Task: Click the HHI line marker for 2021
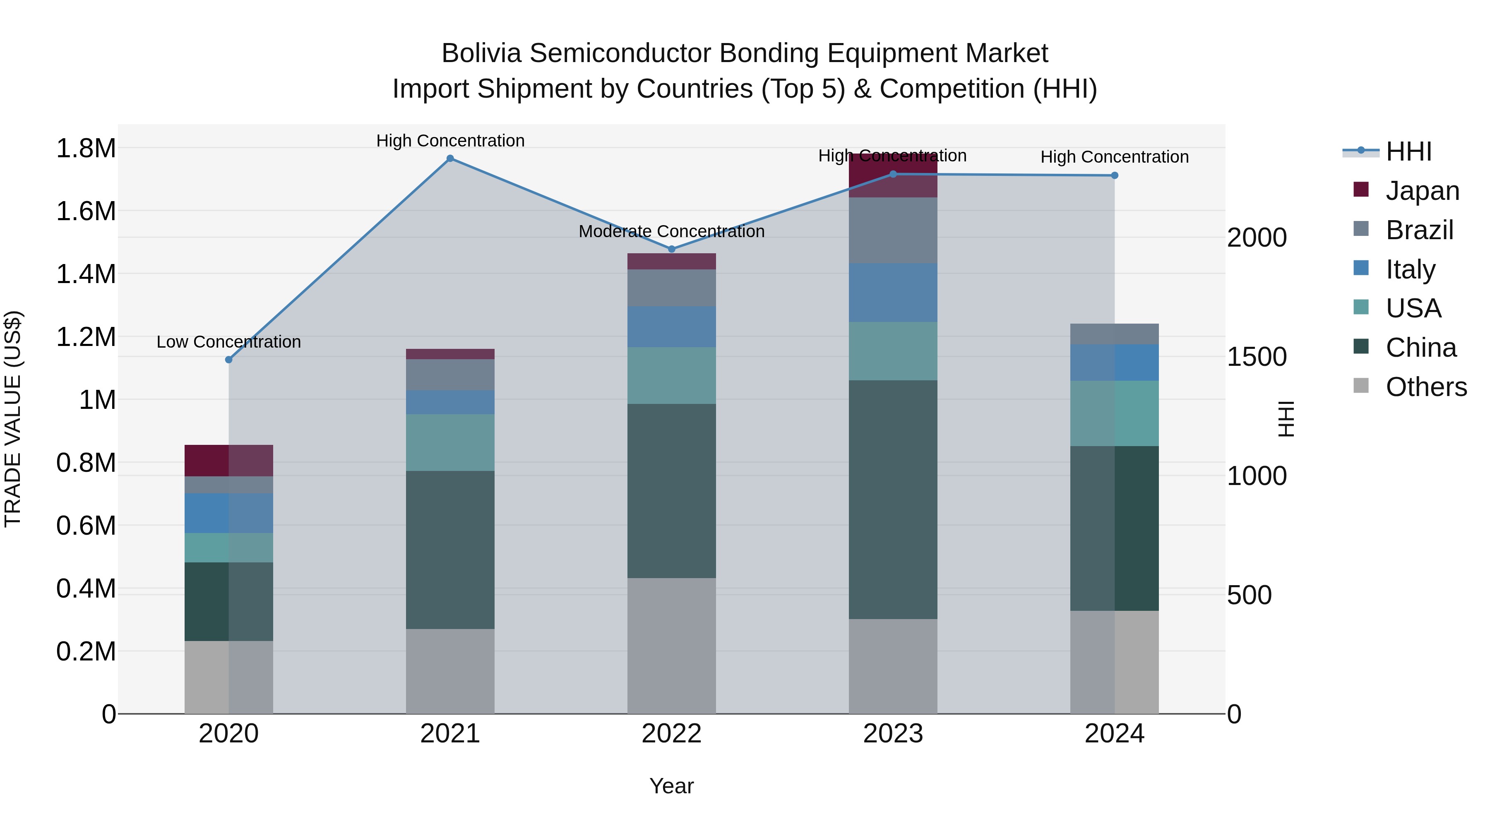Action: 450,158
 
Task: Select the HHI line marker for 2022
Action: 672,249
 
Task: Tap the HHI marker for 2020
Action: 228,360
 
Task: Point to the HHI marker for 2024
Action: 1115,175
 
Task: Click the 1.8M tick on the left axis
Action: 86,149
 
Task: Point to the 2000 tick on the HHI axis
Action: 1256,238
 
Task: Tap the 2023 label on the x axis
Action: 893,734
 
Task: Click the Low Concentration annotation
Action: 228,342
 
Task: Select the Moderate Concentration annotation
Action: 672,231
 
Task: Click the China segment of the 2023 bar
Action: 893,499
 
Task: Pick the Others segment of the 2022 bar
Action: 672,646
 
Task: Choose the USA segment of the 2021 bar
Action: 450,442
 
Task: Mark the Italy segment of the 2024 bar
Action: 1115,363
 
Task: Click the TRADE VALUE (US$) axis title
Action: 13,419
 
